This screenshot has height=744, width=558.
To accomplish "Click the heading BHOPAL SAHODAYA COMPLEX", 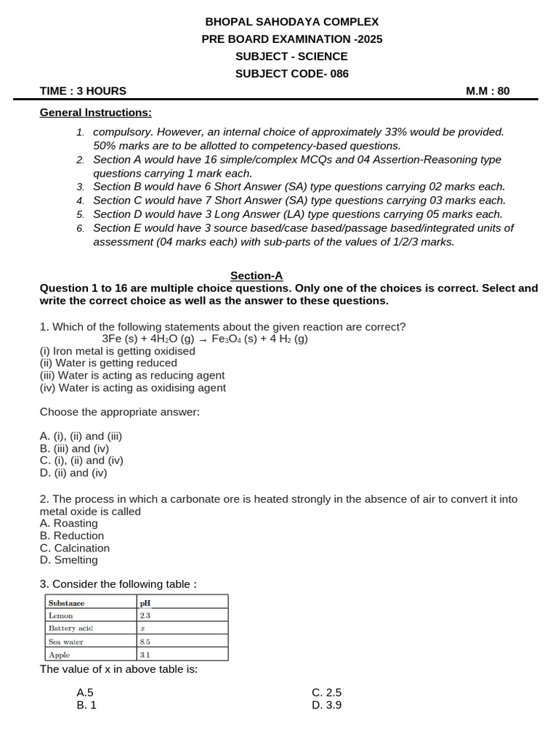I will pyautogui.click(x=292, y=23).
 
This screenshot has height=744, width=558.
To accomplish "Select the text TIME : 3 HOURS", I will pyautogui.click(x=83, y=91).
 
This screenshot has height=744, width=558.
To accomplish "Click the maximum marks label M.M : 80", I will pyautogui.click(x=488, y=91).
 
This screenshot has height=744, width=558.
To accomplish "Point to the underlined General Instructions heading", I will pyautogui.click(x=96, y=113).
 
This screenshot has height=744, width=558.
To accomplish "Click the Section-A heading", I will pyautogui.click(x=256, y=275).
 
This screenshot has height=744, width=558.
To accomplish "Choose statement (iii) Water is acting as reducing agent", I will pyautogui.click(x=132, y=376).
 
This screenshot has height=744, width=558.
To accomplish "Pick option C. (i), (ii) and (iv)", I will pyautogui.click(x=81, y=461).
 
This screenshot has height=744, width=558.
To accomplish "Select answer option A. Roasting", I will pyautogui.click(x=69, y=523).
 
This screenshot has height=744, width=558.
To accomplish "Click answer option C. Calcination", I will pyautogui.click(x=75, y=548).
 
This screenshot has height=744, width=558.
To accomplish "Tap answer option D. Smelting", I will pyautogui.click(x=69, y=560).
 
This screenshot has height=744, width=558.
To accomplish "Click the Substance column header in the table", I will pyautogui.click(x=66, y=602).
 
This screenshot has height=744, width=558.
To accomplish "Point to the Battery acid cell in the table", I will pyautogui.click(x=70, y=628).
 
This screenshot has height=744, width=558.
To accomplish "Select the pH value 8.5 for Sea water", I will pyautogui.click(x=146, y=642).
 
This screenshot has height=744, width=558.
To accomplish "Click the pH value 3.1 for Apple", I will pyautogui.click(x=145, y=655).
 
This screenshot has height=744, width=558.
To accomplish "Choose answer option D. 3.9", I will pyautogui.click(x=326, y=705).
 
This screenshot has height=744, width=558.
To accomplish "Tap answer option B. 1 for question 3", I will pyautogui.click(x=86, y=705).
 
